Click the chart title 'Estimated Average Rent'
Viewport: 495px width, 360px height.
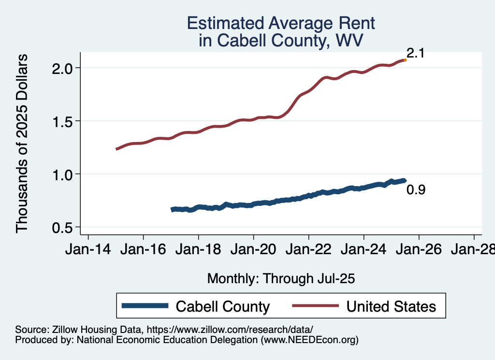point(280,23)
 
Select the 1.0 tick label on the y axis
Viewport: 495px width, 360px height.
point(63,174)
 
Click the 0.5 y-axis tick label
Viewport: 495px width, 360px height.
point(63,227)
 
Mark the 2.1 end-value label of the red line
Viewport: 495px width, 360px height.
point(415,53)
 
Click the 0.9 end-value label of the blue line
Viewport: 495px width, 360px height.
point(416,190)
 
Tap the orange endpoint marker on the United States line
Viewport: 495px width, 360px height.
point(405,60)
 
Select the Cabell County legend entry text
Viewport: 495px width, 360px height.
point(222,306)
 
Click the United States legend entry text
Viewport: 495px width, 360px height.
point(391,306)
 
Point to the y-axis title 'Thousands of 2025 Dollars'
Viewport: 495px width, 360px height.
point(22,143)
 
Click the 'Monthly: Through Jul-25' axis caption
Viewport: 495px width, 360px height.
point(281,278)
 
